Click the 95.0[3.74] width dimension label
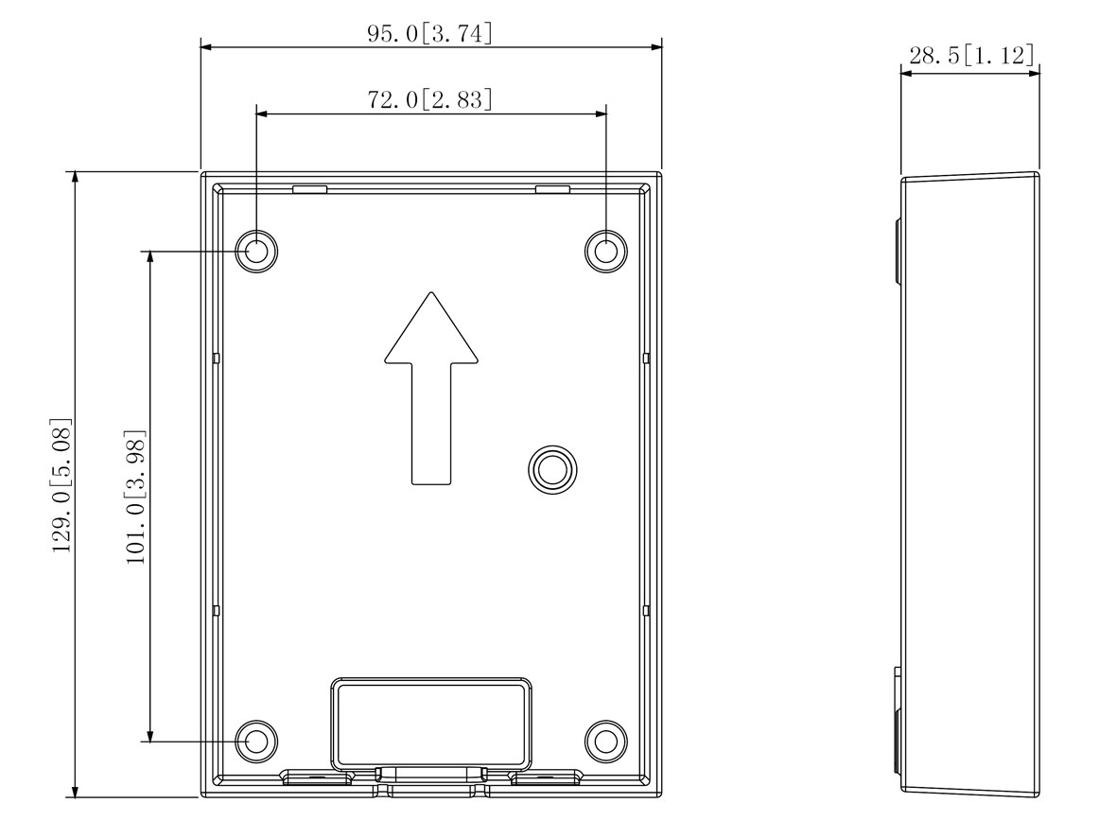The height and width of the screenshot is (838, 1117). [x=430, y=33]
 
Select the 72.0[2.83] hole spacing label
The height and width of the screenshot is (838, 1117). [x=430, y=100]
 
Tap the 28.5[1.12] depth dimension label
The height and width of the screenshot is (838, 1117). [x=970, y=55]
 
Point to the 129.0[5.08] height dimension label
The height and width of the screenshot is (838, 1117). [x=62, y=484]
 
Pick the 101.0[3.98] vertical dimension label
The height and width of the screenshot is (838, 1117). [x=136, y=497]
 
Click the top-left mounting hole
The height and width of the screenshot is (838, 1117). [x=256, y=251]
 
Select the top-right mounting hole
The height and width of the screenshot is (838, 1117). [x=605, y=251]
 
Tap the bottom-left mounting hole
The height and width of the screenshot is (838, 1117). [x=256, y=742]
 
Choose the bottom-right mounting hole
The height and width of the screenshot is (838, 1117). [x=605, y=742]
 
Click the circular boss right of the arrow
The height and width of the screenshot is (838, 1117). [x=550, y=466]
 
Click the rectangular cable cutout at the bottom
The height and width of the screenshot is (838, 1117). [x=430, y=725]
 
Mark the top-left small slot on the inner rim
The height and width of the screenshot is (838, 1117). [x=310, y=189]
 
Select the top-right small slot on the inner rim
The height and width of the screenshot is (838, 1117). [x=552, y=189]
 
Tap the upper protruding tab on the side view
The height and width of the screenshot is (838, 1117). [x=899, y=250]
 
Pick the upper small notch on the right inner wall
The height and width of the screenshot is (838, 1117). [x=645, y=358]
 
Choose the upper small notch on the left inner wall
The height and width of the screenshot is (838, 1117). [x=217, y=358]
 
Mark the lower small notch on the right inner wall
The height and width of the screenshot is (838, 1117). [x=645, y=611]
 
